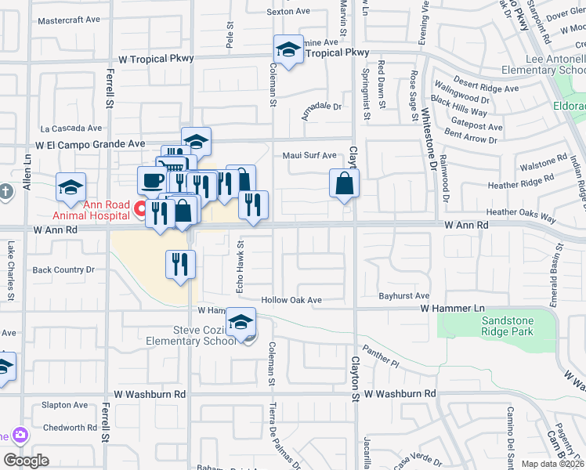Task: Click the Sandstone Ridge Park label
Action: (507, 327)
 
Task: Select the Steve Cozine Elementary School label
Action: (190, 335)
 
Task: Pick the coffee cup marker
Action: (152, 180)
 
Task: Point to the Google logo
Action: (25, 461)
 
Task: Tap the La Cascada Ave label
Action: (71, 128)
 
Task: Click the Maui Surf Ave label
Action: (309, 155)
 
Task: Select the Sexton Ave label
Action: (290, 12)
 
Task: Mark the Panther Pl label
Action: (380, 356)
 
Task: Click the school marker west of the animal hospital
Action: (71, 188)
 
